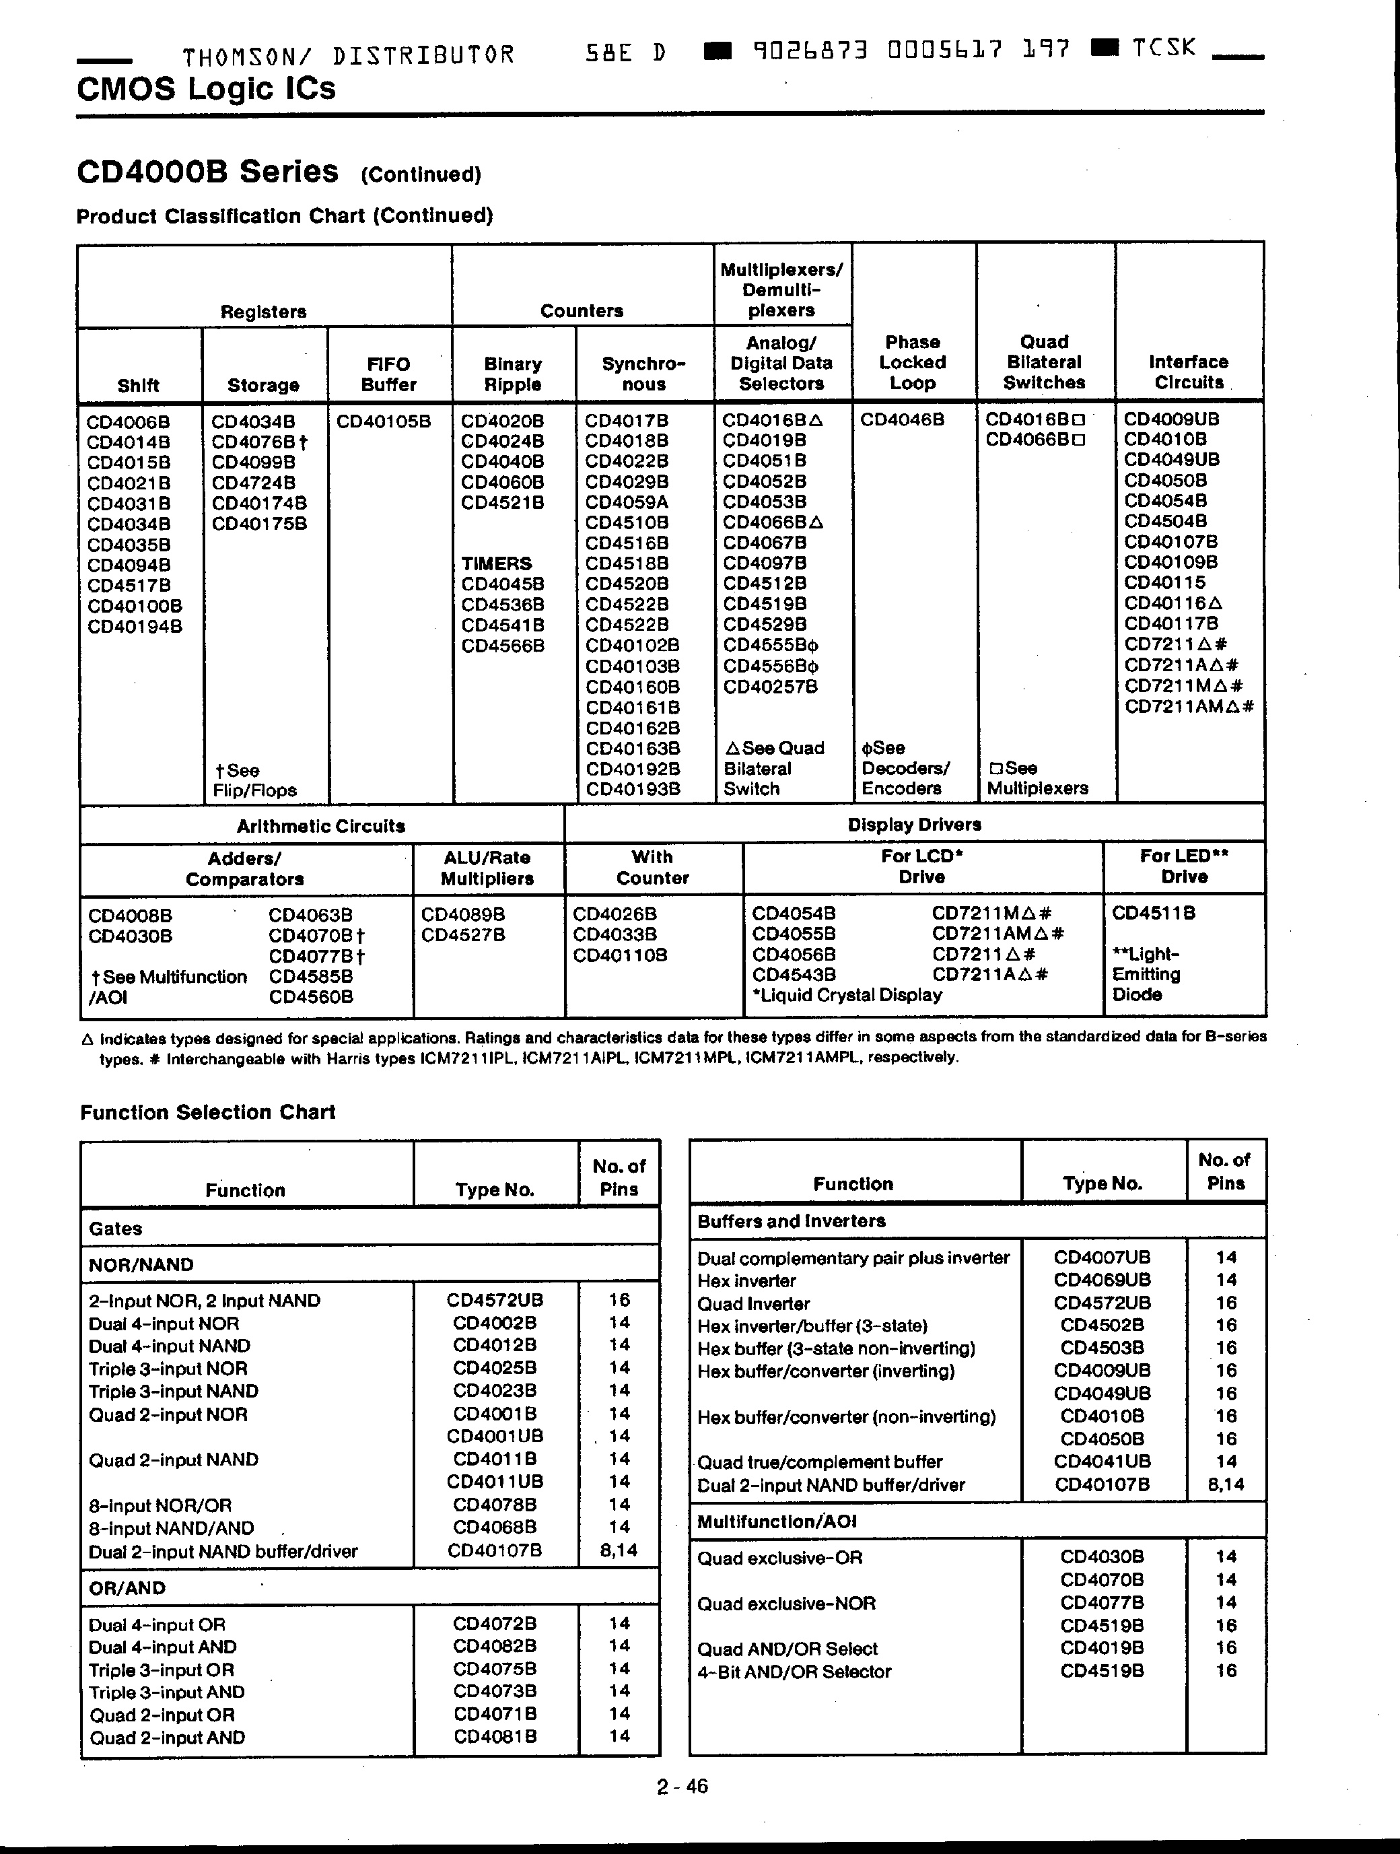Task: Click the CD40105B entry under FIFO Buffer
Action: pos(383,421)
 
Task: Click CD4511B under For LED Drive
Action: pos(1153,913)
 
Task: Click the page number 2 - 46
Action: pos(682,1786)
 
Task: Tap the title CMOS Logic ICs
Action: pos(206,89)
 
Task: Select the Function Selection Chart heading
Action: pos(208,1112)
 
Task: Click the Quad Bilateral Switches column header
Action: pos(1044,362)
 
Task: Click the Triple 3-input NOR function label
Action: pos(168,1369)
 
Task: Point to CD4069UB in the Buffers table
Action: pos(1102,1280)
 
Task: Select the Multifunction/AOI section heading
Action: pos(777,1521)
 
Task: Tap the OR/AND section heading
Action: pos(127,1588)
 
